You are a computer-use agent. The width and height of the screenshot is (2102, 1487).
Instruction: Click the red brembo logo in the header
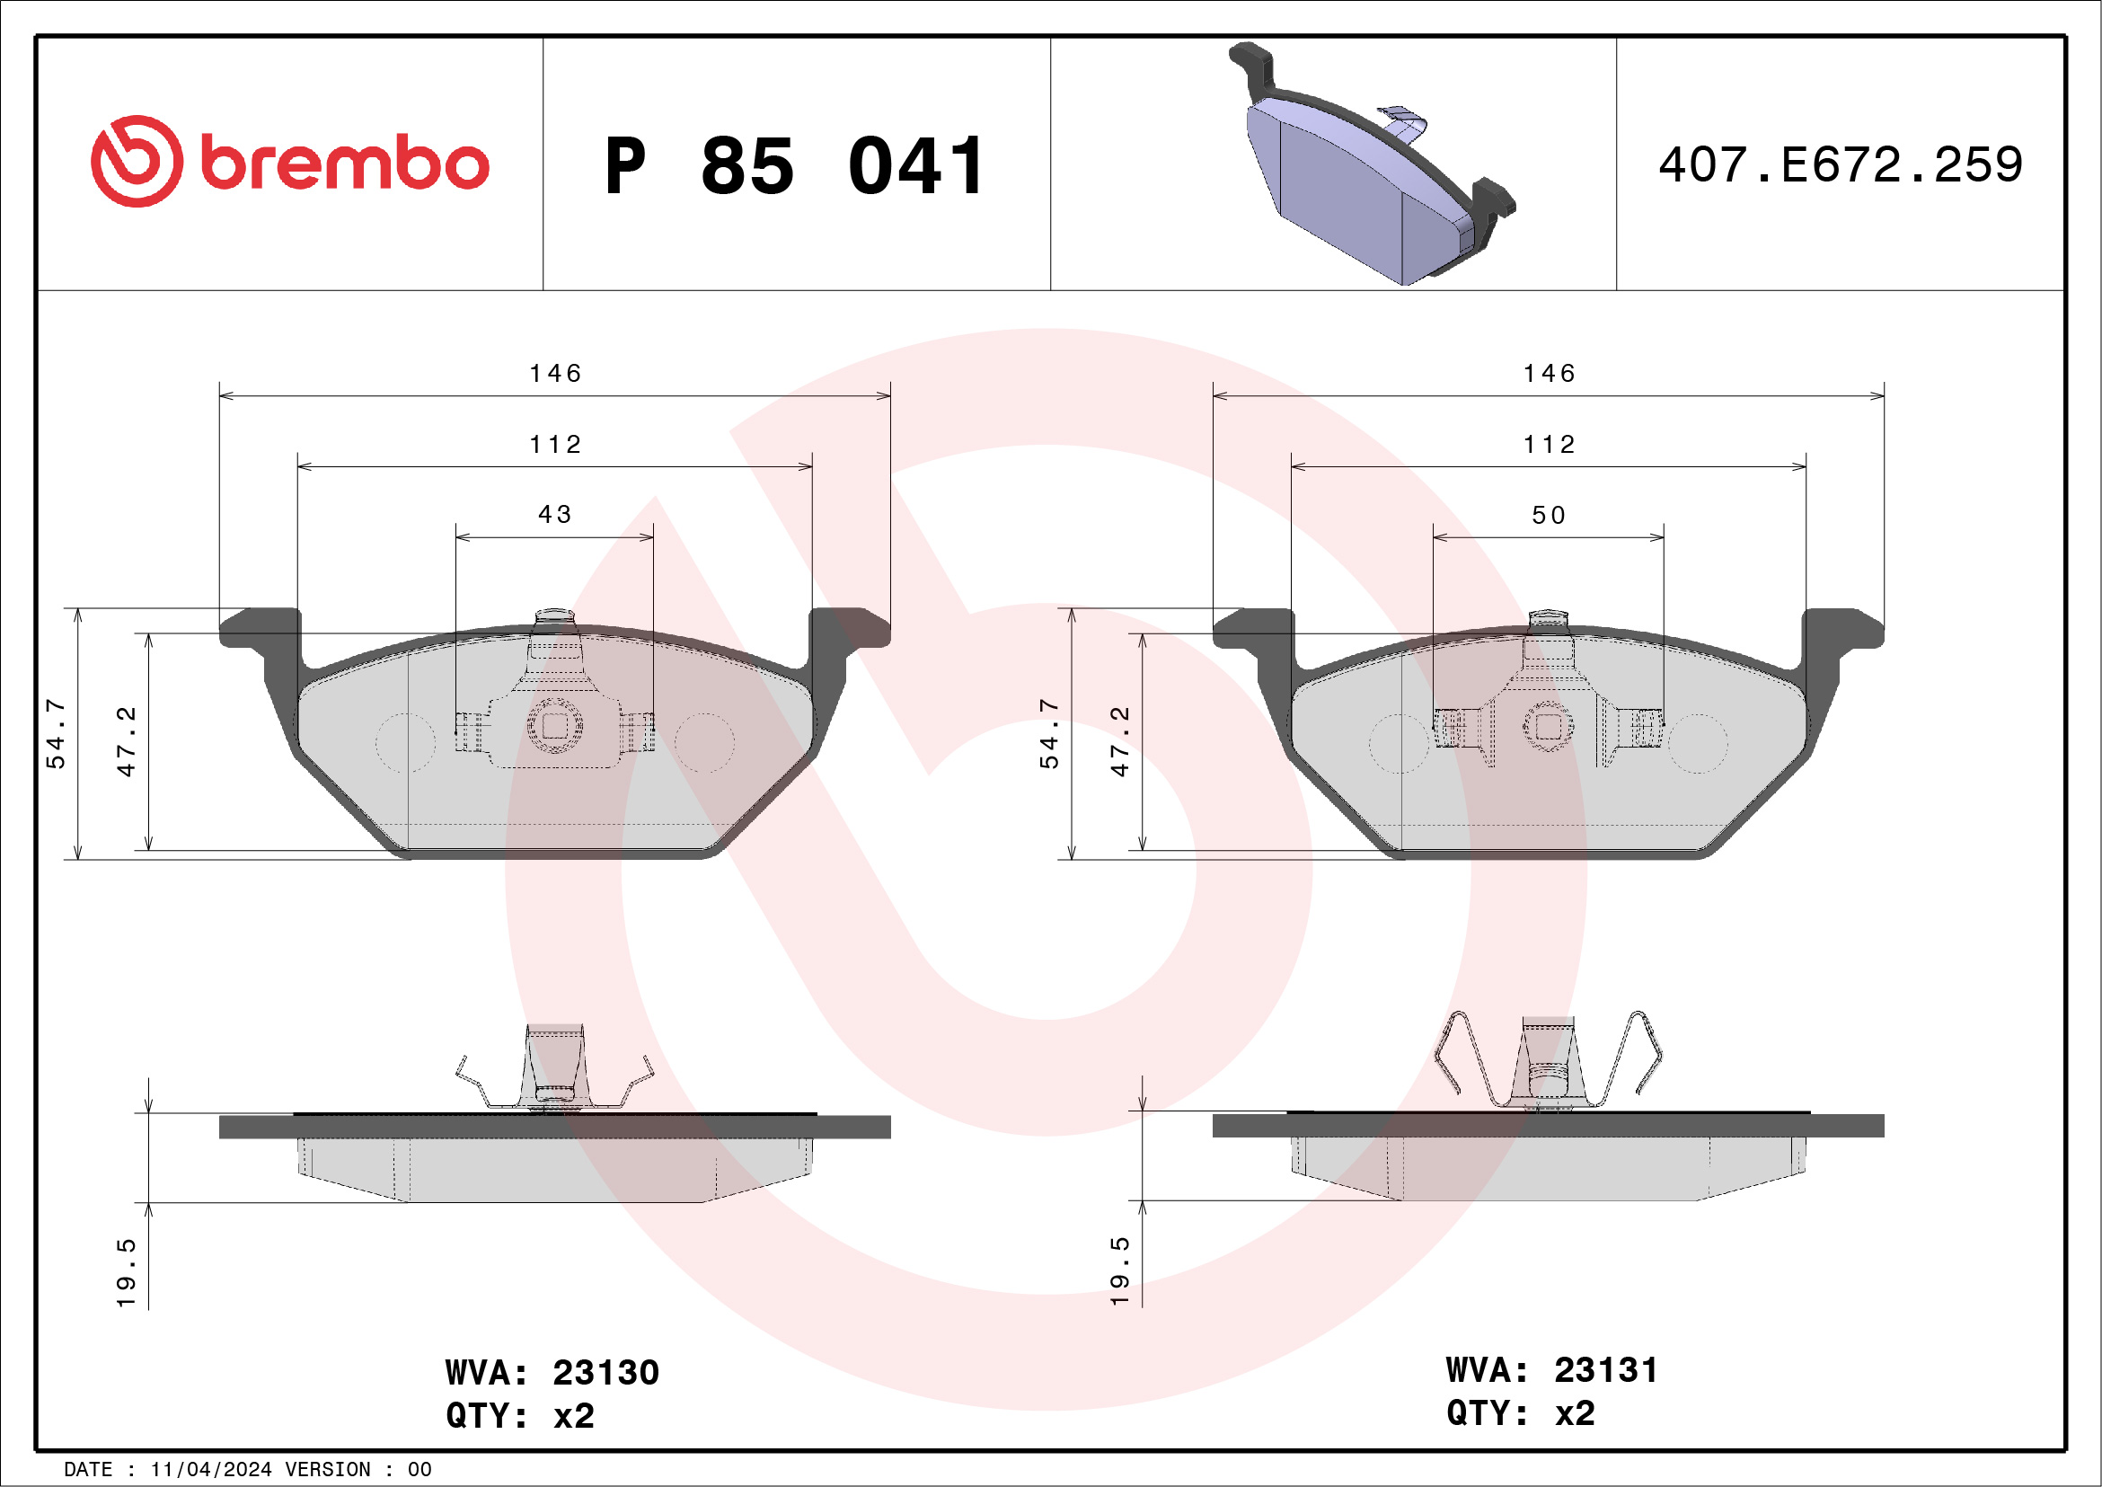[289, 162]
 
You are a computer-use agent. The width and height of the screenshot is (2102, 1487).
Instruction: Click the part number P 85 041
[794, 166]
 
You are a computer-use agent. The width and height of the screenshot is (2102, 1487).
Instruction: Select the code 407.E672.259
[1841, 164]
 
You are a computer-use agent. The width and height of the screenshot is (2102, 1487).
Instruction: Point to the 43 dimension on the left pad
[555, 515]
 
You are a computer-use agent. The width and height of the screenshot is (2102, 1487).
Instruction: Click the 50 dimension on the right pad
[1549, 516]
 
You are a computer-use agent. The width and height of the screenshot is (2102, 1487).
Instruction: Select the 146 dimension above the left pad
[555, 374]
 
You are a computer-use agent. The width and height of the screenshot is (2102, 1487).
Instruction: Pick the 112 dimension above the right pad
[1549, 445]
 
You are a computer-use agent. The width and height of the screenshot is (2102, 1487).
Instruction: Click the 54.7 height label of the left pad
[56, 733]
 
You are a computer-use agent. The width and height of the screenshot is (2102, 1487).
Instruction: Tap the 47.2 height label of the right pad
[1119, 741]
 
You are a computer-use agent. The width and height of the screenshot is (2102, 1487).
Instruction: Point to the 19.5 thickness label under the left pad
[127, 1273]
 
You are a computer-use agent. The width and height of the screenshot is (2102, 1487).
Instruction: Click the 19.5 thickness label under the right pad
[1119, 1270]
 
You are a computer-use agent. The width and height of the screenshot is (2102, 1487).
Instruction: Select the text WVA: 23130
[552, 1373]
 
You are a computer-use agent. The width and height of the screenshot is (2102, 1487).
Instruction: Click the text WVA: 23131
[1551, 1370]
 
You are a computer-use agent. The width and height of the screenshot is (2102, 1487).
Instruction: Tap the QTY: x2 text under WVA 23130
[520, 1416]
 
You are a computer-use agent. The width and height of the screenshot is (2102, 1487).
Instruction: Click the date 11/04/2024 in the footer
[210, 1470]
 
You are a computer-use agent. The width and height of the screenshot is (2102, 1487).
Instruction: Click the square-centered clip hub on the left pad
[555, 725]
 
